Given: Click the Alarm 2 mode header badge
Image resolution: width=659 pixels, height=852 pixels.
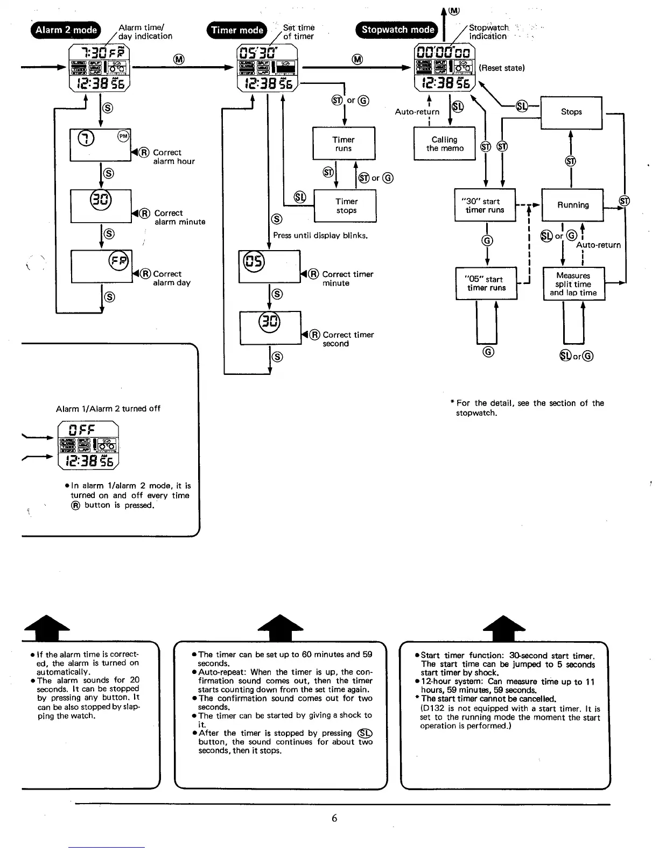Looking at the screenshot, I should click(x=66, y=30).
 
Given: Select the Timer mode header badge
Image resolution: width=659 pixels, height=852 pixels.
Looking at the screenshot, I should click(x=237, y=30).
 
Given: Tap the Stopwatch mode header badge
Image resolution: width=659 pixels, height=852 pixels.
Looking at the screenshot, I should click(x=397, y=30).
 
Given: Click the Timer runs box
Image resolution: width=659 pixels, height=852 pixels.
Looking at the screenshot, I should click(x=343, y=144).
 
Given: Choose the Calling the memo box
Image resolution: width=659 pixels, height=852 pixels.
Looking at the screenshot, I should click(x=445, y=144).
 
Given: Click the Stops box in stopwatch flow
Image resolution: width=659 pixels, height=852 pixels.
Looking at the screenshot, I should click(x=571, y=112).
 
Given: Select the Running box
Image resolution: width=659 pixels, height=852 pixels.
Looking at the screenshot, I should click(x=573, y=205).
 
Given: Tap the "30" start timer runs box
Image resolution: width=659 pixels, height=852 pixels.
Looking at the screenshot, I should click(x=485, y=205).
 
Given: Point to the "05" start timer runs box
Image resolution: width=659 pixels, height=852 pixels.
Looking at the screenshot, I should click(x=486, y=283).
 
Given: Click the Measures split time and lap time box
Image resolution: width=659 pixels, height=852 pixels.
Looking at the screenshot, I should click(x=573, y=284).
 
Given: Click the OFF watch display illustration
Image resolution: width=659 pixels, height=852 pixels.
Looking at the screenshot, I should click(x=88, y=445).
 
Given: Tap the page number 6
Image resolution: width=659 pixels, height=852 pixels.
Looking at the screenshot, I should click(x=334, y=818).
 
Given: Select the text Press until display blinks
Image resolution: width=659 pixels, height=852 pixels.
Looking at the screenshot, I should click(x=320, y=235).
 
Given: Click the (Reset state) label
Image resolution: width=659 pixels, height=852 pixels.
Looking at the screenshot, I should click(x=501, y=68).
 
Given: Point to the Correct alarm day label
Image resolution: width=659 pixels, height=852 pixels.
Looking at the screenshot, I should click(x=171, y=278).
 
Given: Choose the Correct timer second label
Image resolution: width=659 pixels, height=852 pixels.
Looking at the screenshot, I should click(x=348, y=339).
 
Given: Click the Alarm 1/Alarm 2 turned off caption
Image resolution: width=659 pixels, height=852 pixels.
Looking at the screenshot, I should click(x=108, y=409).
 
